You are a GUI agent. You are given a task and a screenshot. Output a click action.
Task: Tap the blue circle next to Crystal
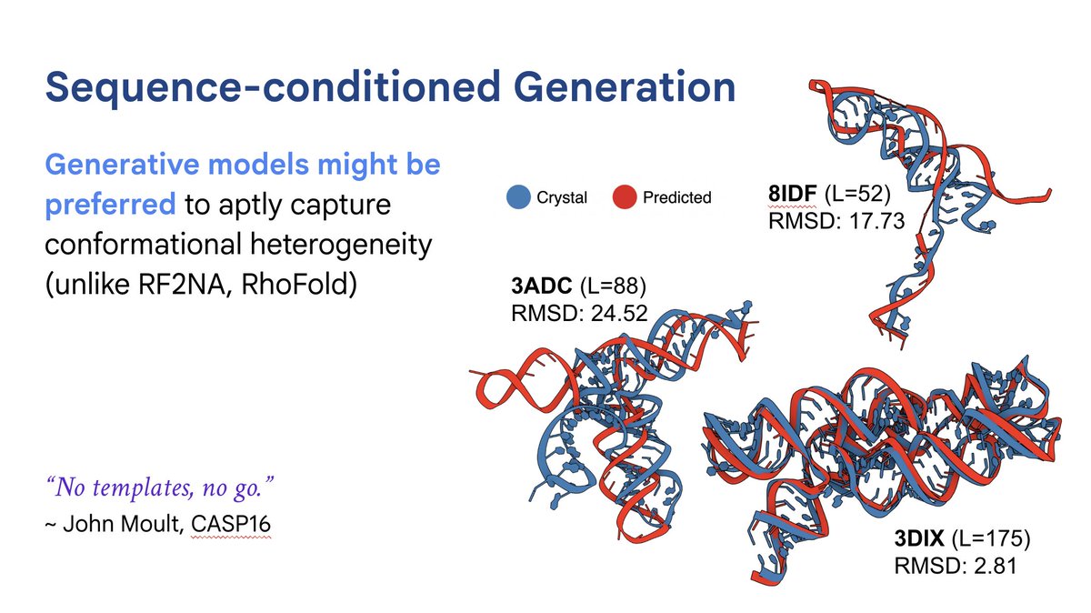point(518,196)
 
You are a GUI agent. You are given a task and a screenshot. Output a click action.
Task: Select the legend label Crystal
point(561,197)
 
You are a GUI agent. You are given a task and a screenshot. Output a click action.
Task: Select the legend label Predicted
point(676,197)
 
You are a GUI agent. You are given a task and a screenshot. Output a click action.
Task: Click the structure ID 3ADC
point(542,287)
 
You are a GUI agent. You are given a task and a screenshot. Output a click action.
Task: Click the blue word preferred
point(110,205)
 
